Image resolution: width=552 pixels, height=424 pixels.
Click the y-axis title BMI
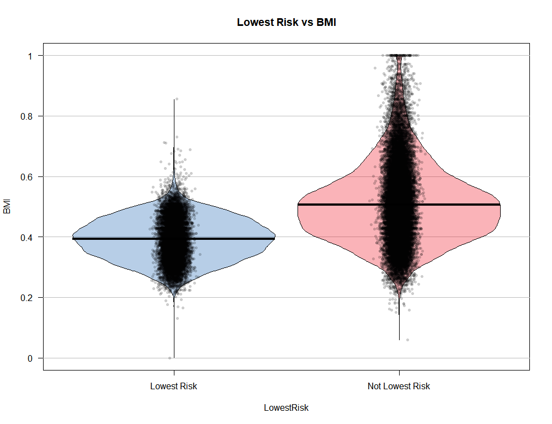7,207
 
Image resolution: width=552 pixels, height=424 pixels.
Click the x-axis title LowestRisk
286,408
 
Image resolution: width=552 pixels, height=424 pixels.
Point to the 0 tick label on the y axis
31,358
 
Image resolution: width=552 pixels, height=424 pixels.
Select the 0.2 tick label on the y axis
28,298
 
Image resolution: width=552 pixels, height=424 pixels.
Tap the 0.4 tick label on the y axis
28,237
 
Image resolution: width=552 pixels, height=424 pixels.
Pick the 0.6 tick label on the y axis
28,176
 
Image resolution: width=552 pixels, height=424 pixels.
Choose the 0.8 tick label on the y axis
28,116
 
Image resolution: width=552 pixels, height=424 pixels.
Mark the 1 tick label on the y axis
31,56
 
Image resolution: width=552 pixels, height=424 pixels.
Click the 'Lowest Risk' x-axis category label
173,387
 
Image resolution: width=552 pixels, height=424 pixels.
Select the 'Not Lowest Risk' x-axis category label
399,387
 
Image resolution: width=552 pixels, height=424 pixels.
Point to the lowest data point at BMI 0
170,358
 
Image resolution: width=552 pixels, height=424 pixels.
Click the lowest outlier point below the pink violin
407,340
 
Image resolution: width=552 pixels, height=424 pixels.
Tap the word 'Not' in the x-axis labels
374,387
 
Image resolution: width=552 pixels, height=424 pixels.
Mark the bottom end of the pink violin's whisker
399,340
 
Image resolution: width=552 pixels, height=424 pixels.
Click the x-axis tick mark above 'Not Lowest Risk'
399,373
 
